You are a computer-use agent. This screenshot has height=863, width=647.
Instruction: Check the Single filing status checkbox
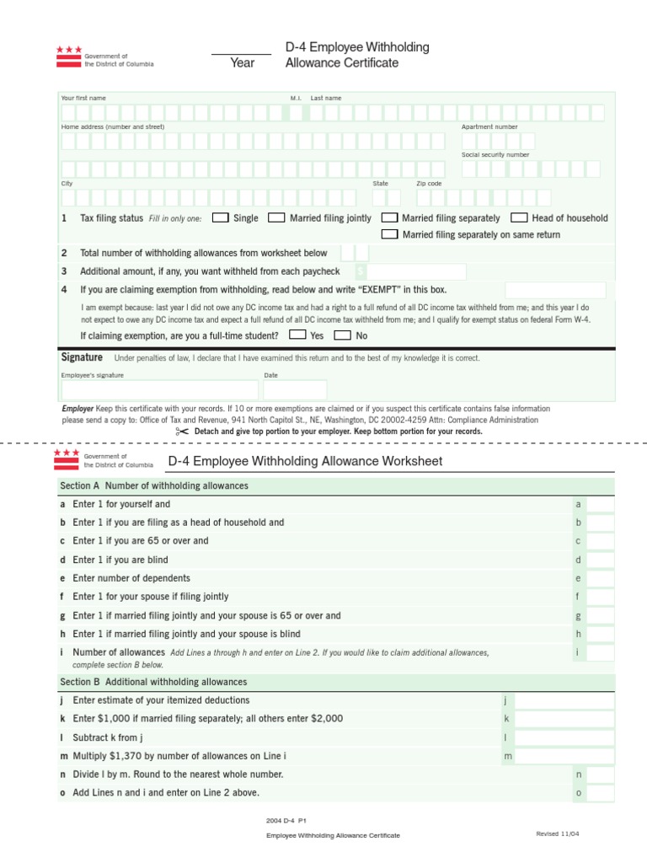(x=220, y=217)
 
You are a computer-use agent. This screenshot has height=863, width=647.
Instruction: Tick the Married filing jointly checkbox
(x=276, y=217)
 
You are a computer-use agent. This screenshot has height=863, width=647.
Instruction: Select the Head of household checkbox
(x=519, y=217)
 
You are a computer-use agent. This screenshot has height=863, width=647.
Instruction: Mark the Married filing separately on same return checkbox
(x=389, y=234)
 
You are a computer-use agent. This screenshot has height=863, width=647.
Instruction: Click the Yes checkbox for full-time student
(x=297, y=335)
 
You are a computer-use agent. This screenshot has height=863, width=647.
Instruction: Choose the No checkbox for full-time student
(x=343, y=335)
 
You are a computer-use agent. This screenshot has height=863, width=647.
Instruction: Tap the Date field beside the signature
(x=294, y=389)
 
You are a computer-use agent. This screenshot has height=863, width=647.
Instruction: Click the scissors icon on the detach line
(x=182, y=431)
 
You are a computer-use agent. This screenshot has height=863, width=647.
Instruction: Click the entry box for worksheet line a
(x=600, y=504)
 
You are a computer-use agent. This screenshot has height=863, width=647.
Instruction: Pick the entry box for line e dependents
(x=600, y=578)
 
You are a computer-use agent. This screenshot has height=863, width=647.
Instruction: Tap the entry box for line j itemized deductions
(x=564, y=700)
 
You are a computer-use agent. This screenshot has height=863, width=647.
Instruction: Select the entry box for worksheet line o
(x=600, y=793)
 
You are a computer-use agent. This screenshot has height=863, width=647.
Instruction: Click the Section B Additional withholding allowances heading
(x=153, y=682)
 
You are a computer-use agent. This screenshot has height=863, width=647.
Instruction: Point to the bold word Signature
(x=82, y=357)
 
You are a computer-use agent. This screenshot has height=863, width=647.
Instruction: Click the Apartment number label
(x=489, y=126)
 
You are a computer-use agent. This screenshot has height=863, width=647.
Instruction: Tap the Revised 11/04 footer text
(x=558, y=834)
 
